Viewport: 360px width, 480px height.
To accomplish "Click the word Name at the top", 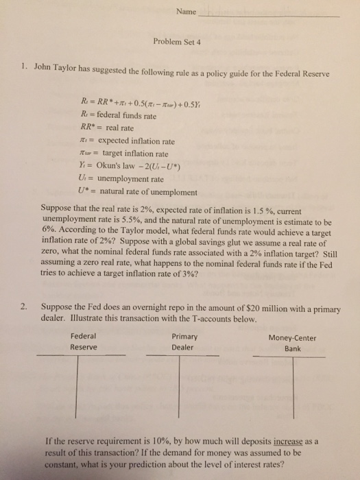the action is coord(186,12).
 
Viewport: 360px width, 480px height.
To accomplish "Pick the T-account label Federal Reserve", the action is coord(84,341).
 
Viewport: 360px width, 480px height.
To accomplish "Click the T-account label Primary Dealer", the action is coord(184,341).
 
